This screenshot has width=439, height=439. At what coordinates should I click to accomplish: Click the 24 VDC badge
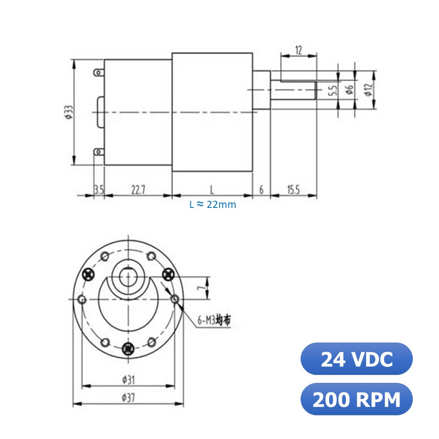click(356, 359)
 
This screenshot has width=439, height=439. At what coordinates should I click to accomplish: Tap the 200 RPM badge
click(356, 399)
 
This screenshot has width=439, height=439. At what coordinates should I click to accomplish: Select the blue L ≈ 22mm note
click(212, 205)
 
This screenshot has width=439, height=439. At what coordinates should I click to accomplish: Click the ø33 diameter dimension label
click(69, 112)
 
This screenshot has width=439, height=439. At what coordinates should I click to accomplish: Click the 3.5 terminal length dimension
click(99, 190)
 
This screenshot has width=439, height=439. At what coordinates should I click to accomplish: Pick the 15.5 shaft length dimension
click(293, 190)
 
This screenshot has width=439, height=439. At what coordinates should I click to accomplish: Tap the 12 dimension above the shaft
click(298, 50)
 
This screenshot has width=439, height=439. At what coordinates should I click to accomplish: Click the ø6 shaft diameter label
click(350, 90)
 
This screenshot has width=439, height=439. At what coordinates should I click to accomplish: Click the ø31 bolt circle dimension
click(128, 379)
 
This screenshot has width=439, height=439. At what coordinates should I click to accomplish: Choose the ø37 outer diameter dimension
click(128, 397)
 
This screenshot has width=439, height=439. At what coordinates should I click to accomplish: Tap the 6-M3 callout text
click(214, 320)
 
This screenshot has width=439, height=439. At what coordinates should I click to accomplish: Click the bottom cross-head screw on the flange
click(128, 348)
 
